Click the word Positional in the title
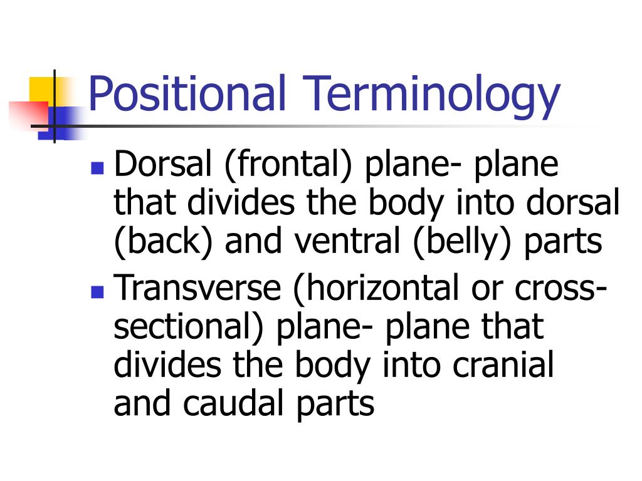click(x=187, y=94)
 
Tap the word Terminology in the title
click(x=432, y=95)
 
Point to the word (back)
click(x=164, y=242)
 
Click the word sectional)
click(x=191, y=328)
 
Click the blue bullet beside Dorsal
click(x=97, y=168)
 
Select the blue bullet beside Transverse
click(x=97, y=291)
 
